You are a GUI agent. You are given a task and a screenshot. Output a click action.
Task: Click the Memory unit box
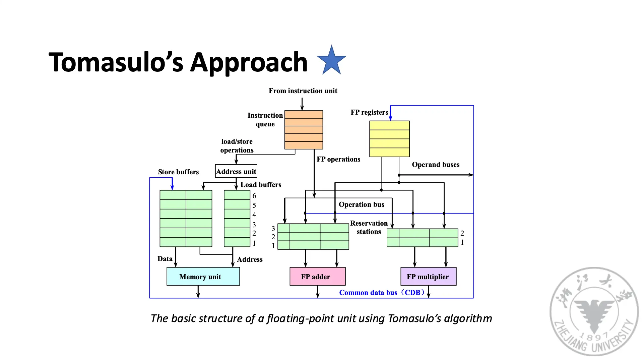(203, 277)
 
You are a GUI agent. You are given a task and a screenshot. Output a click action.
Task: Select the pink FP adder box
(317, 277)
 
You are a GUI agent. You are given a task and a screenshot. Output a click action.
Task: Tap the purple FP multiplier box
(428, 277)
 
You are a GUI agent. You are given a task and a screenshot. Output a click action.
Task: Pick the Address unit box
(236, 171)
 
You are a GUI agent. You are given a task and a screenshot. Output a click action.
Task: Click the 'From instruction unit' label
(303, 91)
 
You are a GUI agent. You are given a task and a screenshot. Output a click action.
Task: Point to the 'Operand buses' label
(436, 165)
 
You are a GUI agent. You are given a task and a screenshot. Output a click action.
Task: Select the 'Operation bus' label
(361, 204)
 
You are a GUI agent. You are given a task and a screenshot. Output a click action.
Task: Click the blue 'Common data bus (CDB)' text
(382, 293)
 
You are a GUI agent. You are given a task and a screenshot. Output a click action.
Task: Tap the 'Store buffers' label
(178, 172)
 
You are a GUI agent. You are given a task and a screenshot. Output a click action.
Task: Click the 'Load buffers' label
(261, 185)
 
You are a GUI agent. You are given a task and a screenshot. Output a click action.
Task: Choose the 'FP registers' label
(369, 112)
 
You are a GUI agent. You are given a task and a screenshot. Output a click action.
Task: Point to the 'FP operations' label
(338, 159)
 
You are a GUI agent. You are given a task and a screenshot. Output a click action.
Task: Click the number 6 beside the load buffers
(254, 196)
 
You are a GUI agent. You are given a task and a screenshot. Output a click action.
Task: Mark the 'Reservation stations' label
(369, 227)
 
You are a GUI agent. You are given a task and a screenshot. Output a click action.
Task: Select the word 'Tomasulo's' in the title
(116, 62)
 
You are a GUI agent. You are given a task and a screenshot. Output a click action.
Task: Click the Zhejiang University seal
(594, 310)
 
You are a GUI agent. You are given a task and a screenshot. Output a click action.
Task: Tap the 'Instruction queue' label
(265, 120)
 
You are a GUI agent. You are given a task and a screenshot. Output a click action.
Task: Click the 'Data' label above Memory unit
(165, 259)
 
